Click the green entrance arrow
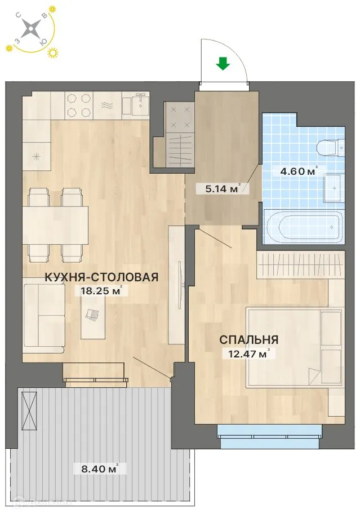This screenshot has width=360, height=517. tap(224, 64)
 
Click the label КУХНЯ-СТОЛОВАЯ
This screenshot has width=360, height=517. tap(101, 277)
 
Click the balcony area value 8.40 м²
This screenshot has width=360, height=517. tap(96, 467)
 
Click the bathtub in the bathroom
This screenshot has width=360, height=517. tap(303, 227)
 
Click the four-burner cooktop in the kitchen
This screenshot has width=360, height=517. tap(78, 105)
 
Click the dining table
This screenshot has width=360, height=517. tap(55, 226)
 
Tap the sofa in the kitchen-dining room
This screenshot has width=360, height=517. tap(43, 315)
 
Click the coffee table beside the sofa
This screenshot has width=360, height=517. tap(93, 316)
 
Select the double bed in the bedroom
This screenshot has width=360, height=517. tap(295, 347)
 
